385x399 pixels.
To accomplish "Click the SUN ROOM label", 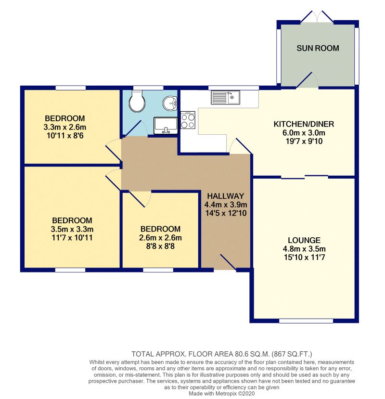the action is [x=318, y=48].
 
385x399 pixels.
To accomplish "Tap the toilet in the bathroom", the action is [x=137, y=101].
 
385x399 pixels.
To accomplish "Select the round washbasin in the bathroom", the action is [x=170, y=103].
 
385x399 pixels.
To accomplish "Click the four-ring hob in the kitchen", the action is [x=188, y=120].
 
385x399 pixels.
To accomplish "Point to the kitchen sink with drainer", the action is [x=225, y=97].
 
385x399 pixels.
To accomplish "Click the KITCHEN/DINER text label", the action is [x=304, y=124].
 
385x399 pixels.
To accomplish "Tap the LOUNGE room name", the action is [x=304, y=240].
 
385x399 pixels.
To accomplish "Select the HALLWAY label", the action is [x=225, y=196].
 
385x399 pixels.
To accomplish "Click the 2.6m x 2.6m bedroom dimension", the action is [x=160, y=238].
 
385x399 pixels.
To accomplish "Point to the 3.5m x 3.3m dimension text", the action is [x=72, y=229].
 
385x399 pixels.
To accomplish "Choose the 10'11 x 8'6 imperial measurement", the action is [x=65, y=136].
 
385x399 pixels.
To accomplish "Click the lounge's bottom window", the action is [x=306, y=321].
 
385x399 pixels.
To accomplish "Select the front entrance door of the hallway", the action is [x=225, y=262].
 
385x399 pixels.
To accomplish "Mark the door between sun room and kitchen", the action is [x=308, y=80].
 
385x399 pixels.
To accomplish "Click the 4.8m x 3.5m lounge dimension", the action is [x=304, y=249].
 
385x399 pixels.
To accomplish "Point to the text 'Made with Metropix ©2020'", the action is [x=221, y=394].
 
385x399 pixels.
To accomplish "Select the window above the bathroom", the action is [x=148, y=88].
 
